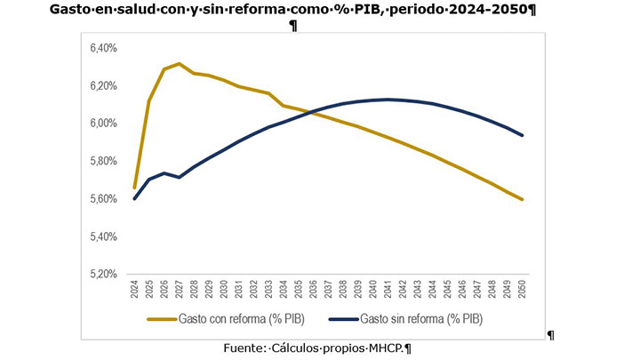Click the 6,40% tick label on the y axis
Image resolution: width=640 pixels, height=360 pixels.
[104, 48]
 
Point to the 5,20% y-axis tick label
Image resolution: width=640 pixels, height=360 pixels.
[104, 275]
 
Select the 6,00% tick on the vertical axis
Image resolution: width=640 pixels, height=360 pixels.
[104, 124]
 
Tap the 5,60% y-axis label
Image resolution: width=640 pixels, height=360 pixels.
[104, 199]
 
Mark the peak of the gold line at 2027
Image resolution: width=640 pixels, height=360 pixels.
[180, 64]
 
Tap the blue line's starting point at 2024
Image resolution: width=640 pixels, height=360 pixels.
[134, 198]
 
